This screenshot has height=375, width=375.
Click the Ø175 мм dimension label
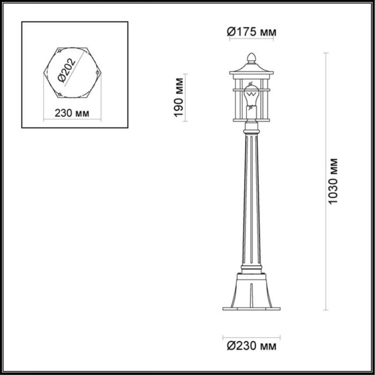point(251,32)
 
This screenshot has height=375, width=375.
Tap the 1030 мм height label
point(333,181)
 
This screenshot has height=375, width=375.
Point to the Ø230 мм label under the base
point(251,346)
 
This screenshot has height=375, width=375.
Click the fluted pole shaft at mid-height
point(251,197)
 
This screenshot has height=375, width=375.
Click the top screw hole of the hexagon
point(59,49)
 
